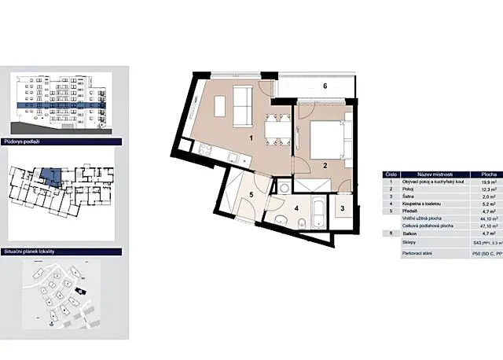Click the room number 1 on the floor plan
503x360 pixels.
click(x=250, y=138)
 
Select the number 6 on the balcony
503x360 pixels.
click(x=324, y=86)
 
